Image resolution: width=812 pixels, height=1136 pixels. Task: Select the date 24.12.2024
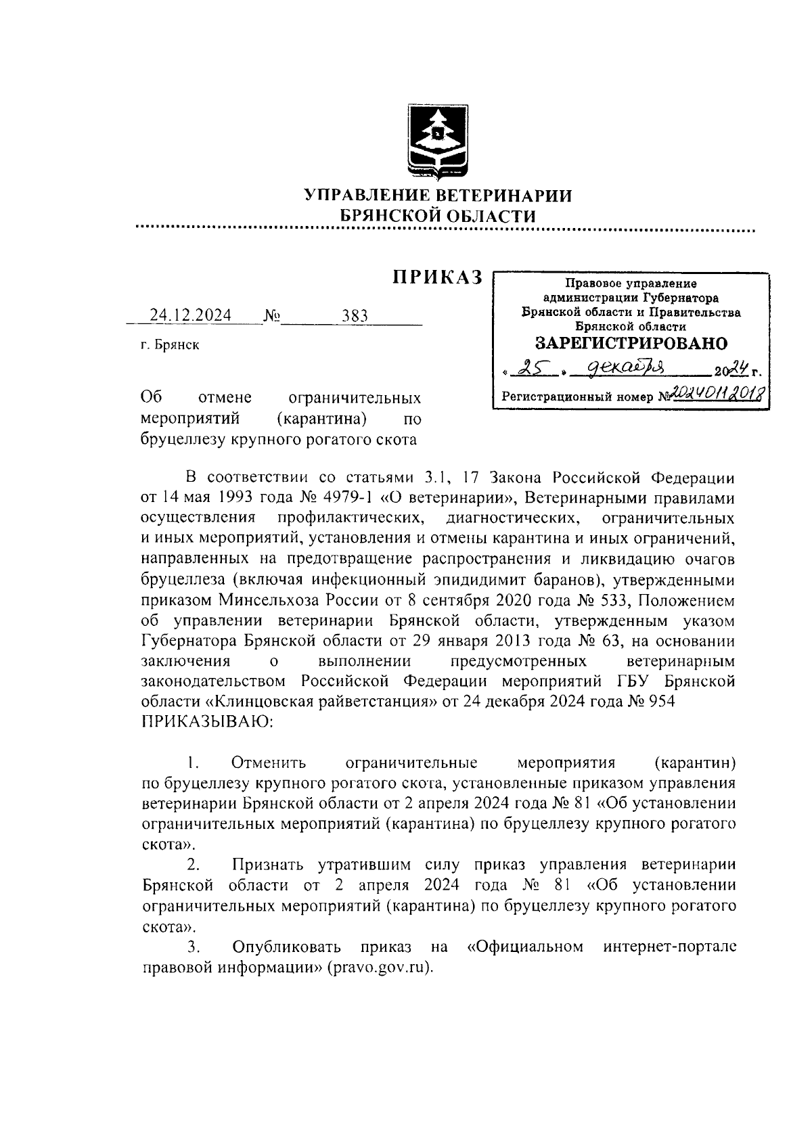(x=190, y=315)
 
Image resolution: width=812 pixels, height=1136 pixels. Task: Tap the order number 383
(x=355, y=315)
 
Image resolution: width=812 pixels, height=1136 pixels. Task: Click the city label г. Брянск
(x=170, y=345)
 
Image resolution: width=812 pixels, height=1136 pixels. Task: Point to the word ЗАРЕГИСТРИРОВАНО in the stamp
(x=631, y=343)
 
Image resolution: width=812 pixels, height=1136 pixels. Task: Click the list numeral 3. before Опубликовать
(x=192, y=946)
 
